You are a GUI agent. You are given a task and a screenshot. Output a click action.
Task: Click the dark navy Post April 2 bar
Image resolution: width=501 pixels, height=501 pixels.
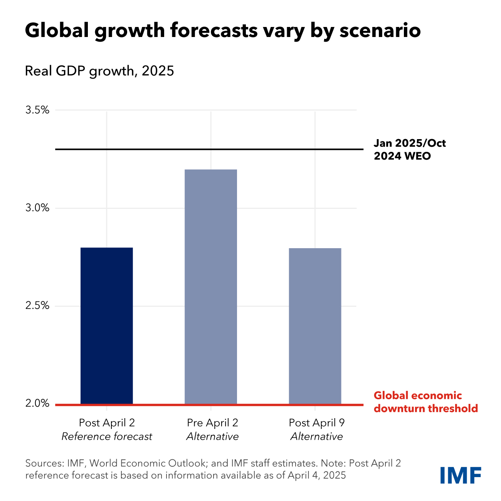click(107, 326)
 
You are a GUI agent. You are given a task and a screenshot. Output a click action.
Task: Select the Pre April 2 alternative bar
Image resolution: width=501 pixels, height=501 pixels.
click(211, 287)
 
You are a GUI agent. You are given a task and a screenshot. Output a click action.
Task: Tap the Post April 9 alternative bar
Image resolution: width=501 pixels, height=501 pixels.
click(315, 326)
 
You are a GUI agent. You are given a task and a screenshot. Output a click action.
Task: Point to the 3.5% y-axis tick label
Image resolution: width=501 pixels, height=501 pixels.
click(37, 110)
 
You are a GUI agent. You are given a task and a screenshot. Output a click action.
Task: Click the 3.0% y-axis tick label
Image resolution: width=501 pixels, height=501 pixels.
click(37, 208)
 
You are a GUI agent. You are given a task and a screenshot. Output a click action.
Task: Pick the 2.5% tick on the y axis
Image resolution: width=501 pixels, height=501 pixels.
click(37, 306)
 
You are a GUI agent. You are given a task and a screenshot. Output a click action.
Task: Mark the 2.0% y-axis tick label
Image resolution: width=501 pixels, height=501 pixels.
click(37, 404)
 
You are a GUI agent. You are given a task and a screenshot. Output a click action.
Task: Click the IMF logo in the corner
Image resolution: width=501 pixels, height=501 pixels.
click(461, 475)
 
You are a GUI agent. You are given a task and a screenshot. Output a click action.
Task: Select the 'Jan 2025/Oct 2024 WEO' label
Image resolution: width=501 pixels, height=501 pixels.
click(409, 150)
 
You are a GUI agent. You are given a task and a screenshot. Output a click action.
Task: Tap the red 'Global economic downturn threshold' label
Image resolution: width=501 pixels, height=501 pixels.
click(425, 402)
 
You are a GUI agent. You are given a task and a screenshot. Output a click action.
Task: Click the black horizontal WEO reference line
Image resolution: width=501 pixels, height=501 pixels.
click(208, 149)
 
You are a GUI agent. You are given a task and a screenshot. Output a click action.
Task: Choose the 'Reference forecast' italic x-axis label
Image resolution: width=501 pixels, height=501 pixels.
click(107, 437)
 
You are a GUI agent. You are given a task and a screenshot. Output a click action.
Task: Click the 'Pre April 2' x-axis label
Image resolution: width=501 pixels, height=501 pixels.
click(212, 423)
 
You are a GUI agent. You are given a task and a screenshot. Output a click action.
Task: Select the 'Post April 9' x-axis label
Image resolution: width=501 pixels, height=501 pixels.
click(316, 423)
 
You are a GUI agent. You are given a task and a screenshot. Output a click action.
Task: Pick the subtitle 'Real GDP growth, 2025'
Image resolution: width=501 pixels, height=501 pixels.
click(99, 71)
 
